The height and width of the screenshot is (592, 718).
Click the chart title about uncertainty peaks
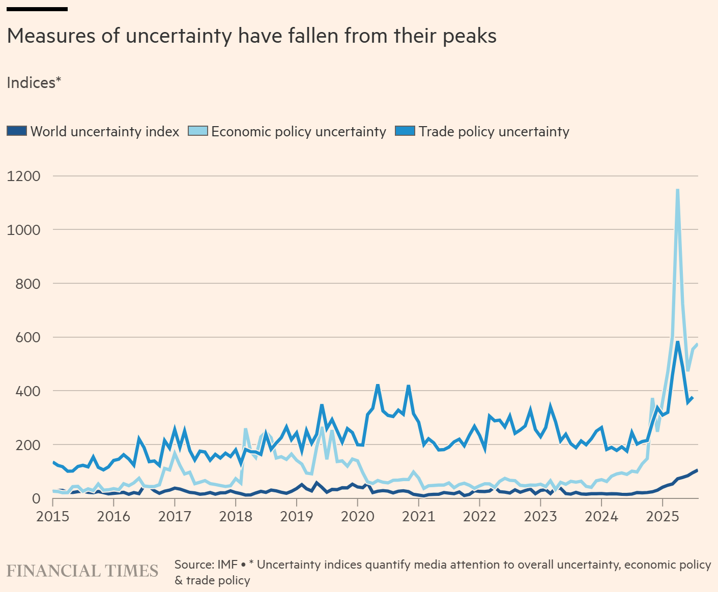pyautogui.click(x=252, y=36)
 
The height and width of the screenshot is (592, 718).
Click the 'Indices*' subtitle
pyautogui.click(x=34, y=83)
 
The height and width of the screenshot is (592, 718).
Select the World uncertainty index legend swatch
pyautogui.click(x=17, y=131)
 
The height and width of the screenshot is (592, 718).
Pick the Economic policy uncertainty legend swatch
pyautogui.click(x=198, y=131)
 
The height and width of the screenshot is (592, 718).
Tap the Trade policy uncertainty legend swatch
pyautogui.click(x=405, y=131)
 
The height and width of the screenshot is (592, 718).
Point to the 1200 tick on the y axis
pyautogui.click(x=23, y=176)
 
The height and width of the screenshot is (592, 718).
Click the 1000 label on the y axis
pyautogui.click(x=23, y=230)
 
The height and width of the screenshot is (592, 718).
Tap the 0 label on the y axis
pyautogui.click(x=36, y=498)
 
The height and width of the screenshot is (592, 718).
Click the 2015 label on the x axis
pyautogui.click(x=52, y=517)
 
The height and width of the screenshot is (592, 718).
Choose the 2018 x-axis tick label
pyautogui.click(x=236, y=517)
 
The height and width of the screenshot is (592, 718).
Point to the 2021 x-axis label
pyautogui.click(x=418, y=517)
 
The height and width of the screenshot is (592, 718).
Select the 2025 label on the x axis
pyautogui.click(x=662, y=517)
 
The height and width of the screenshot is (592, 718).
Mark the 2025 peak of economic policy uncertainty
pyautogui.click(x=677, y=190)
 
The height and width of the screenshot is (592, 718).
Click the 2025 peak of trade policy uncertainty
pyautogui.click(x=677, y=342)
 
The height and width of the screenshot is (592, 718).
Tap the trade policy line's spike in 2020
pyautogui.click(x=378, y=385)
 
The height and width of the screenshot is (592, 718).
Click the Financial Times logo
pyautogui.click(x=82, y=571)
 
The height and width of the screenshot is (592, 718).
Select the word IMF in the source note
pyautogui.click(x=227, y=565)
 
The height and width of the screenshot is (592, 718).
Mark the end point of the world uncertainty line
pyautogui.click(x=697, y=470)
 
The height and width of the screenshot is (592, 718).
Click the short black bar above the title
pyautogui.click(x=37, y=9)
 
